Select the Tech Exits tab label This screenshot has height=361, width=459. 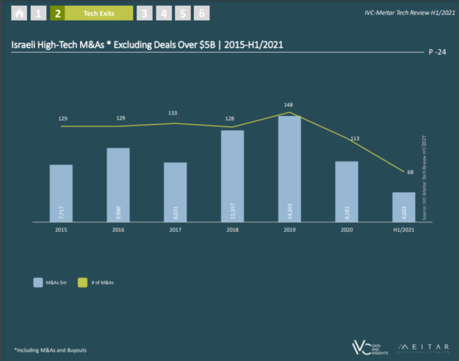point(97,13)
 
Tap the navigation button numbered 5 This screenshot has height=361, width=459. point(183,13)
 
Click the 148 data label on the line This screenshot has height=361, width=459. point(289,104)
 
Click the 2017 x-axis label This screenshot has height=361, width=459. point(175,230)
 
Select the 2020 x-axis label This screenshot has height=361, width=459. point(347,230)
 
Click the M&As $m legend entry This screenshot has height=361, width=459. point(48,282)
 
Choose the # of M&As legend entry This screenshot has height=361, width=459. point(101,282)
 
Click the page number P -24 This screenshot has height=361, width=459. point(439,53)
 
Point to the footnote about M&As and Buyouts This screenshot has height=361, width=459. point(50,350)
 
